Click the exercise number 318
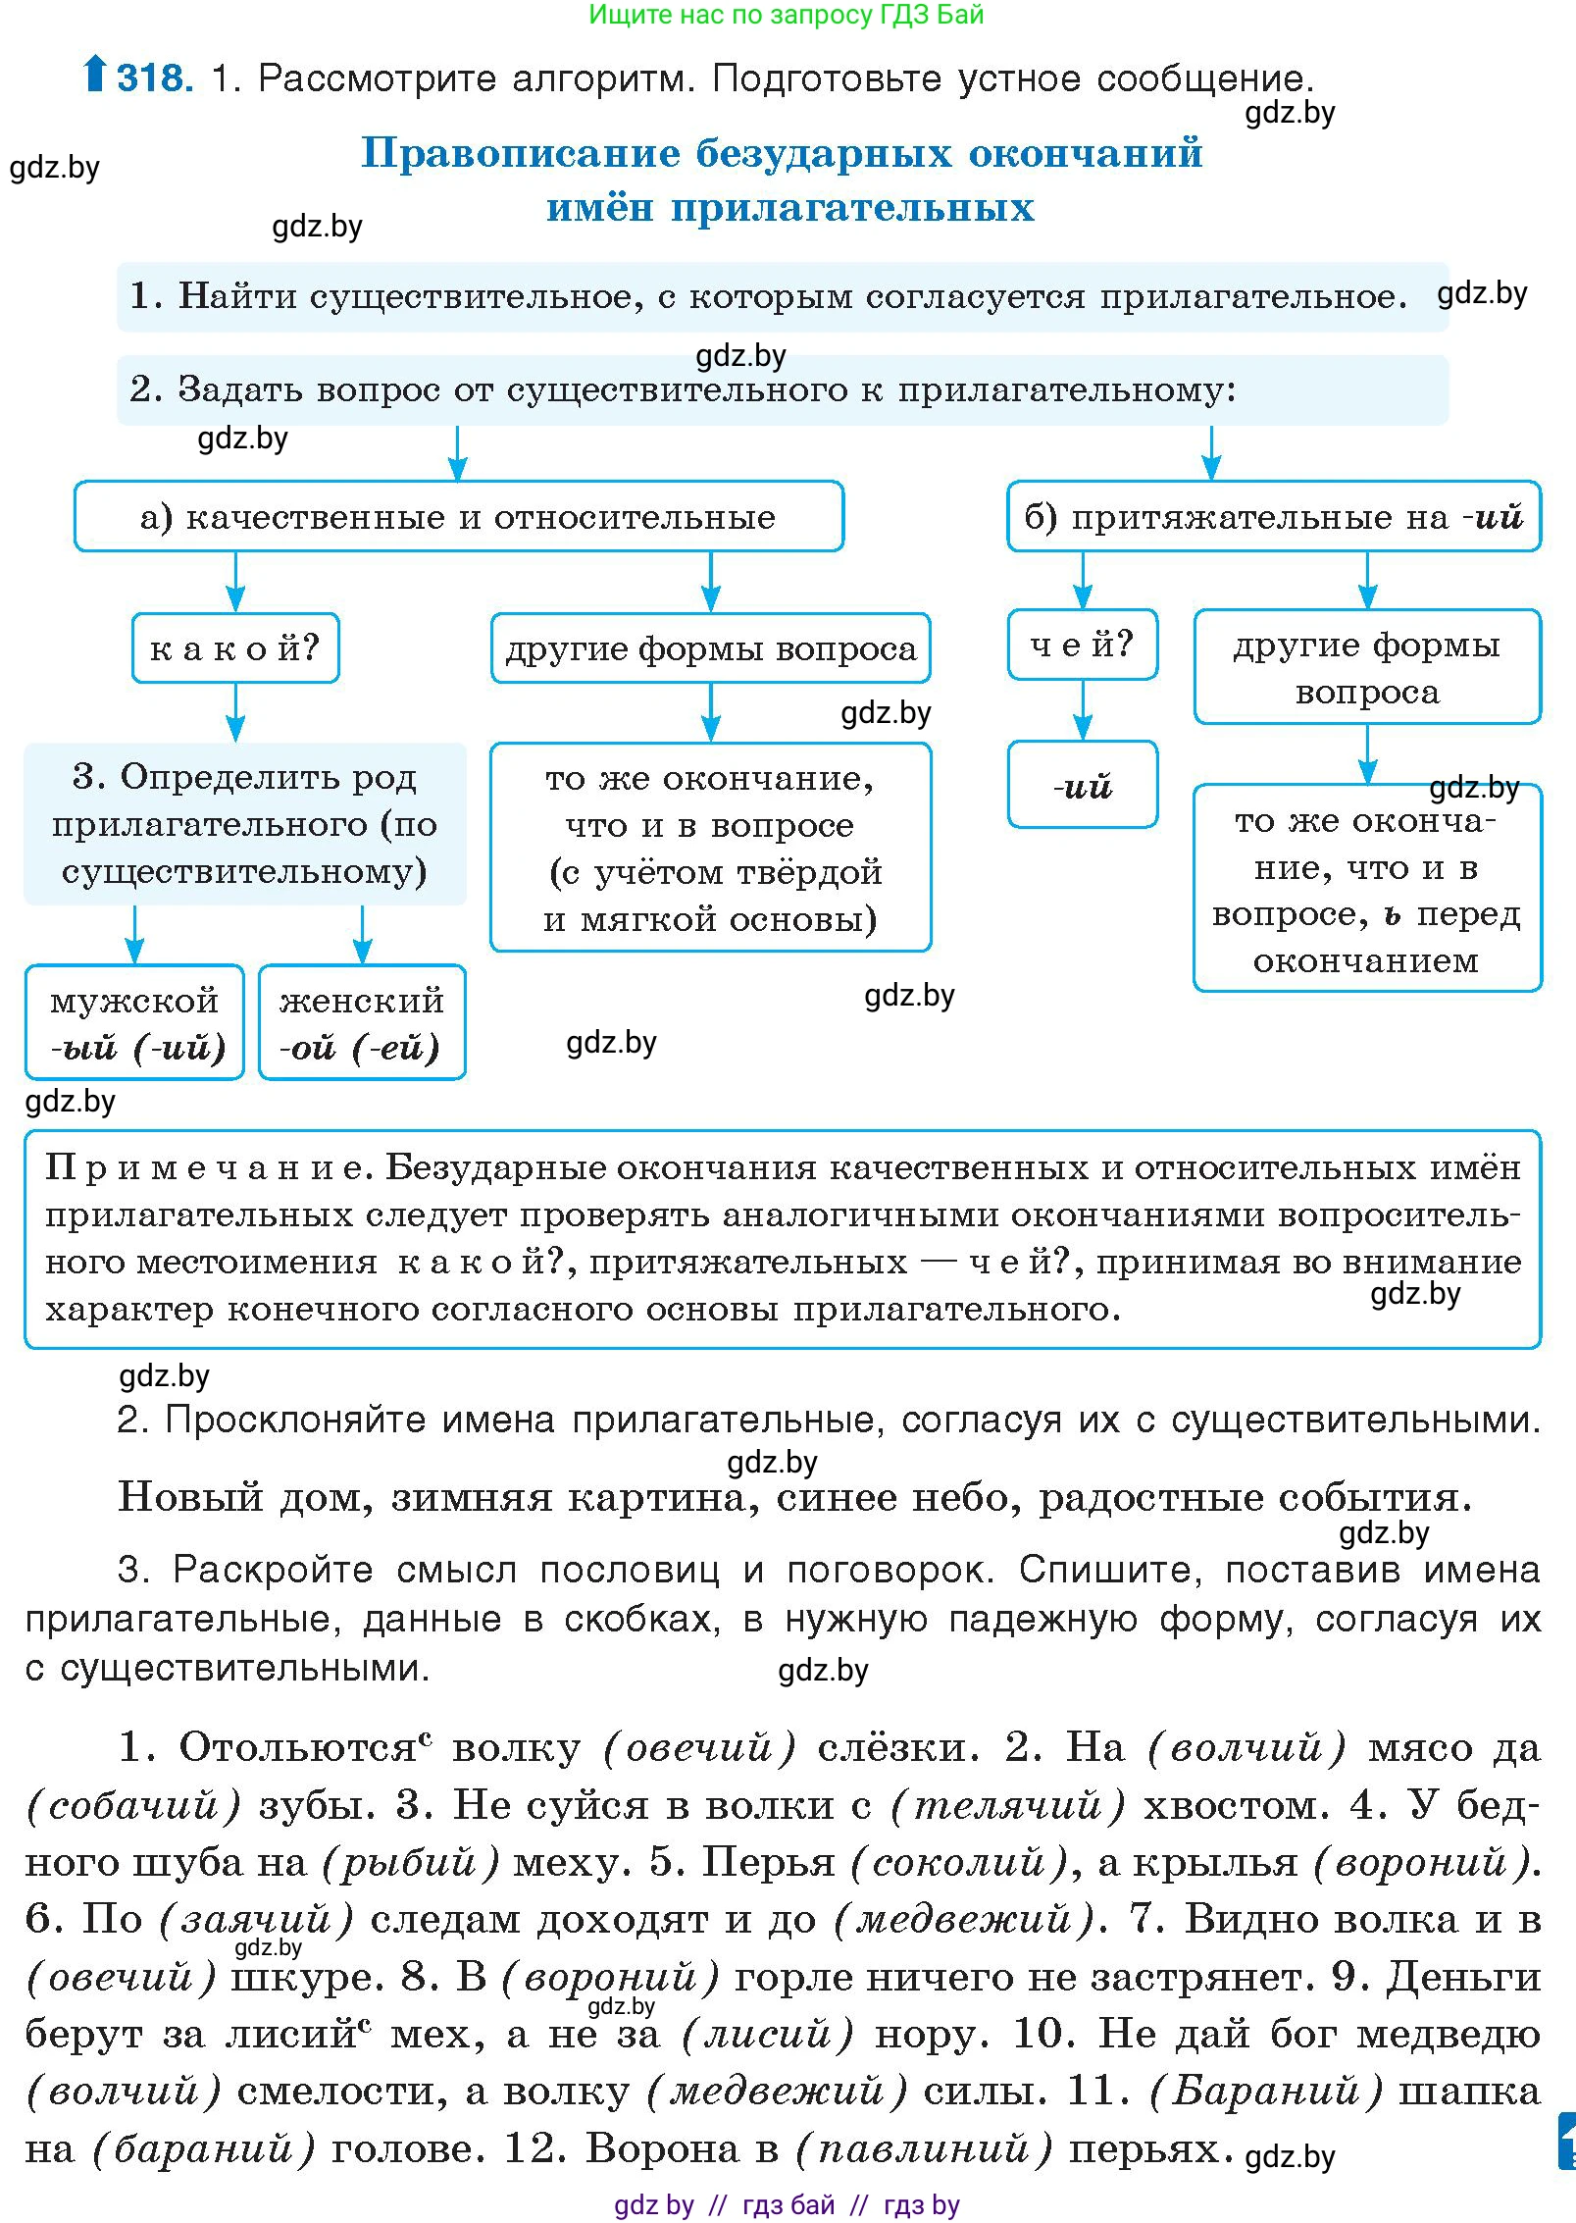pos(155,78)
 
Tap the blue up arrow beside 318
pos(94,73)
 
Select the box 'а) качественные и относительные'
pos(458,516)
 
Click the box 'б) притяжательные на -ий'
pos(1273,516)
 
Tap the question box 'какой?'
pos(235,647)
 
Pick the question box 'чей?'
pos(1082,645)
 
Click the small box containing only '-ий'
pos(1082,785)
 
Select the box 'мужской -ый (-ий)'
pos(134,1022)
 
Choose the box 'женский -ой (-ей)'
pos(362,1022)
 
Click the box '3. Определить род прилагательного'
pos(244,823)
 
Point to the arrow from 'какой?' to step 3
pos(235,713)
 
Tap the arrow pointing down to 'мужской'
pos(134,934)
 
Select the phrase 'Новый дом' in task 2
pos(245,1498)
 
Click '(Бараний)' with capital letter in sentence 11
pos(1265,2091)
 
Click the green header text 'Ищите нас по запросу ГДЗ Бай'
pos(786,15)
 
